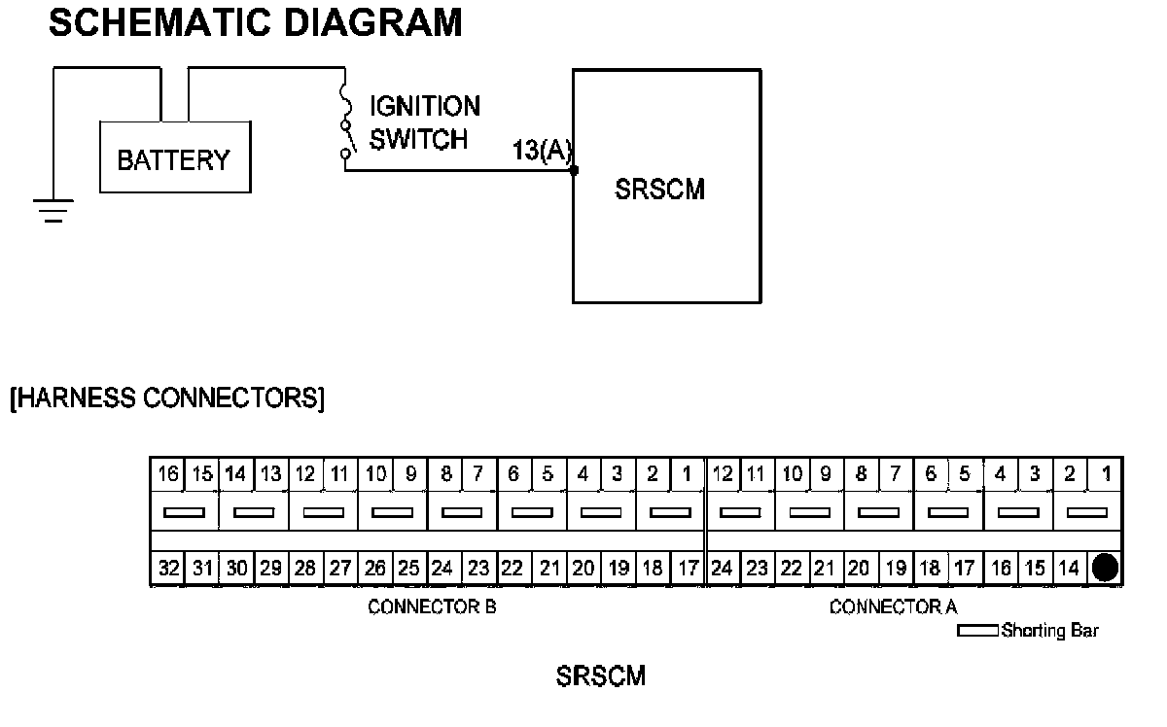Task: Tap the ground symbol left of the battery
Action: coord(54,210)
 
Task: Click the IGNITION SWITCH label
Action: coord(424,122)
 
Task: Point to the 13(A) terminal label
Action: coord(543,151)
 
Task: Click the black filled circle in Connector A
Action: coord(1105,568)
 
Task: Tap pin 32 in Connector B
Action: coord(168,569)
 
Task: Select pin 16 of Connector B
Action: coord(168,474)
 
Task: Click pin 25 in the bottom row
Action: coord(409,569)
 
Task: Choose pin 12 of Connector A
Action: coord(723,474)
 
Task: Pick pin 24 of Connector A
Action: coord(723,569)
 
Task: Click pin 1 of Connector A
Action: coord(1105,474)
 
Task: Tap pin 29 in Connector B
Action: coord(271,569)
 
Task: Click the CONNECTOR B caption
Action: coord(432,608)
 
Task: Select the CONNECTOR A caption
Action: coord(893,608)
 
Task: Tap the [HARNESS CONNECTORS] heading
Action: coord(166,398)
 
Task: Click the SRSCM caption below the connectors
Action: coord(600,675)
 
